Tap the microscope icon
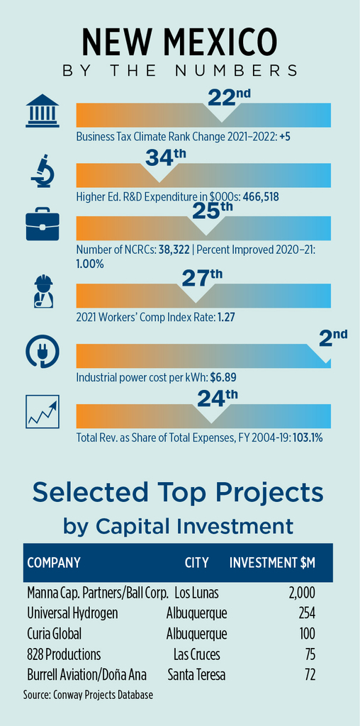pos(43,172)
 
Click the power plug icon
pos(42,352)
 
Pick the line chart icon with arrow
pos(43,412)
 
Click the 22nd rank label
pos(229,96)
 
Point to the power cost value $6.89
pos(223,377)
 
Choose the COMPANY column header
pos(54,562)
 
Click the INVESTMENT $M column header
pos(273,562)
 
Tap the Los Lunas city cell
pos(196,592)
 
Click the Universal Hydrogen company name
pos(73,613)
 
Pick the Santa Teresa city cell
pos(197,675)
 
